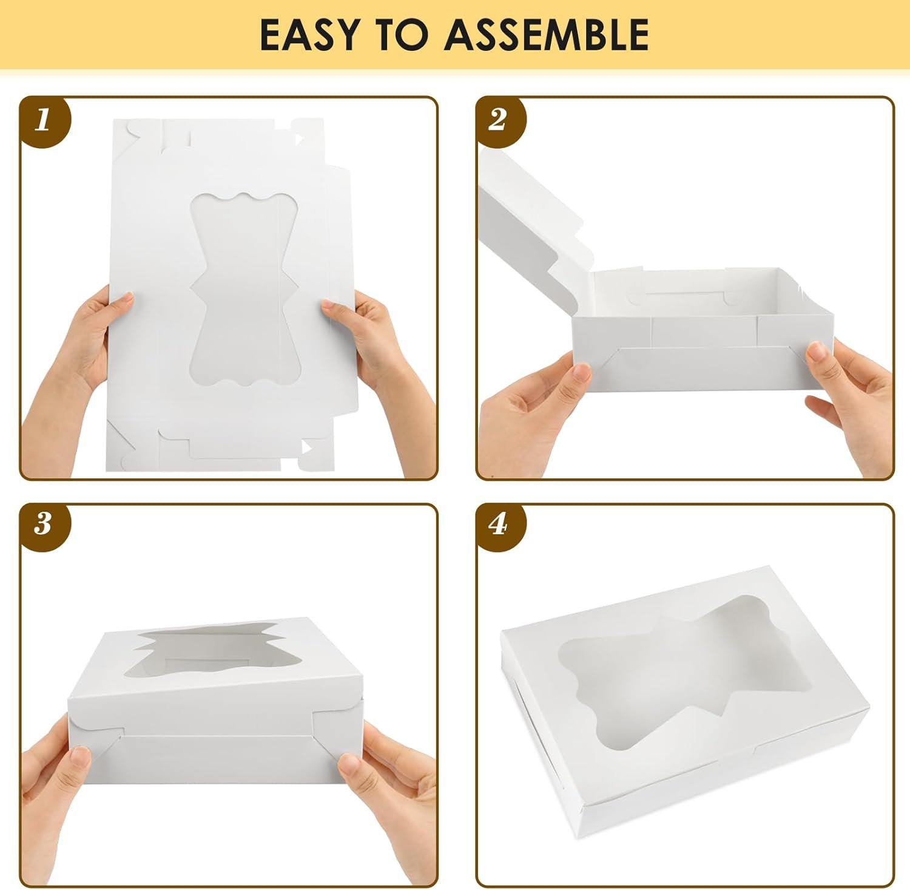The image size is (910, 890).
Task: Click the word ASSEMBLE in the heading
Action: coord(547,35)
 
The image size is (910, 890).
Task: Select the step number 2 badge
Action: coord(498,120)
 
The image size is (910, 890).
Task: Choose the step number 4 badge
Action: coord(498,523)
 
